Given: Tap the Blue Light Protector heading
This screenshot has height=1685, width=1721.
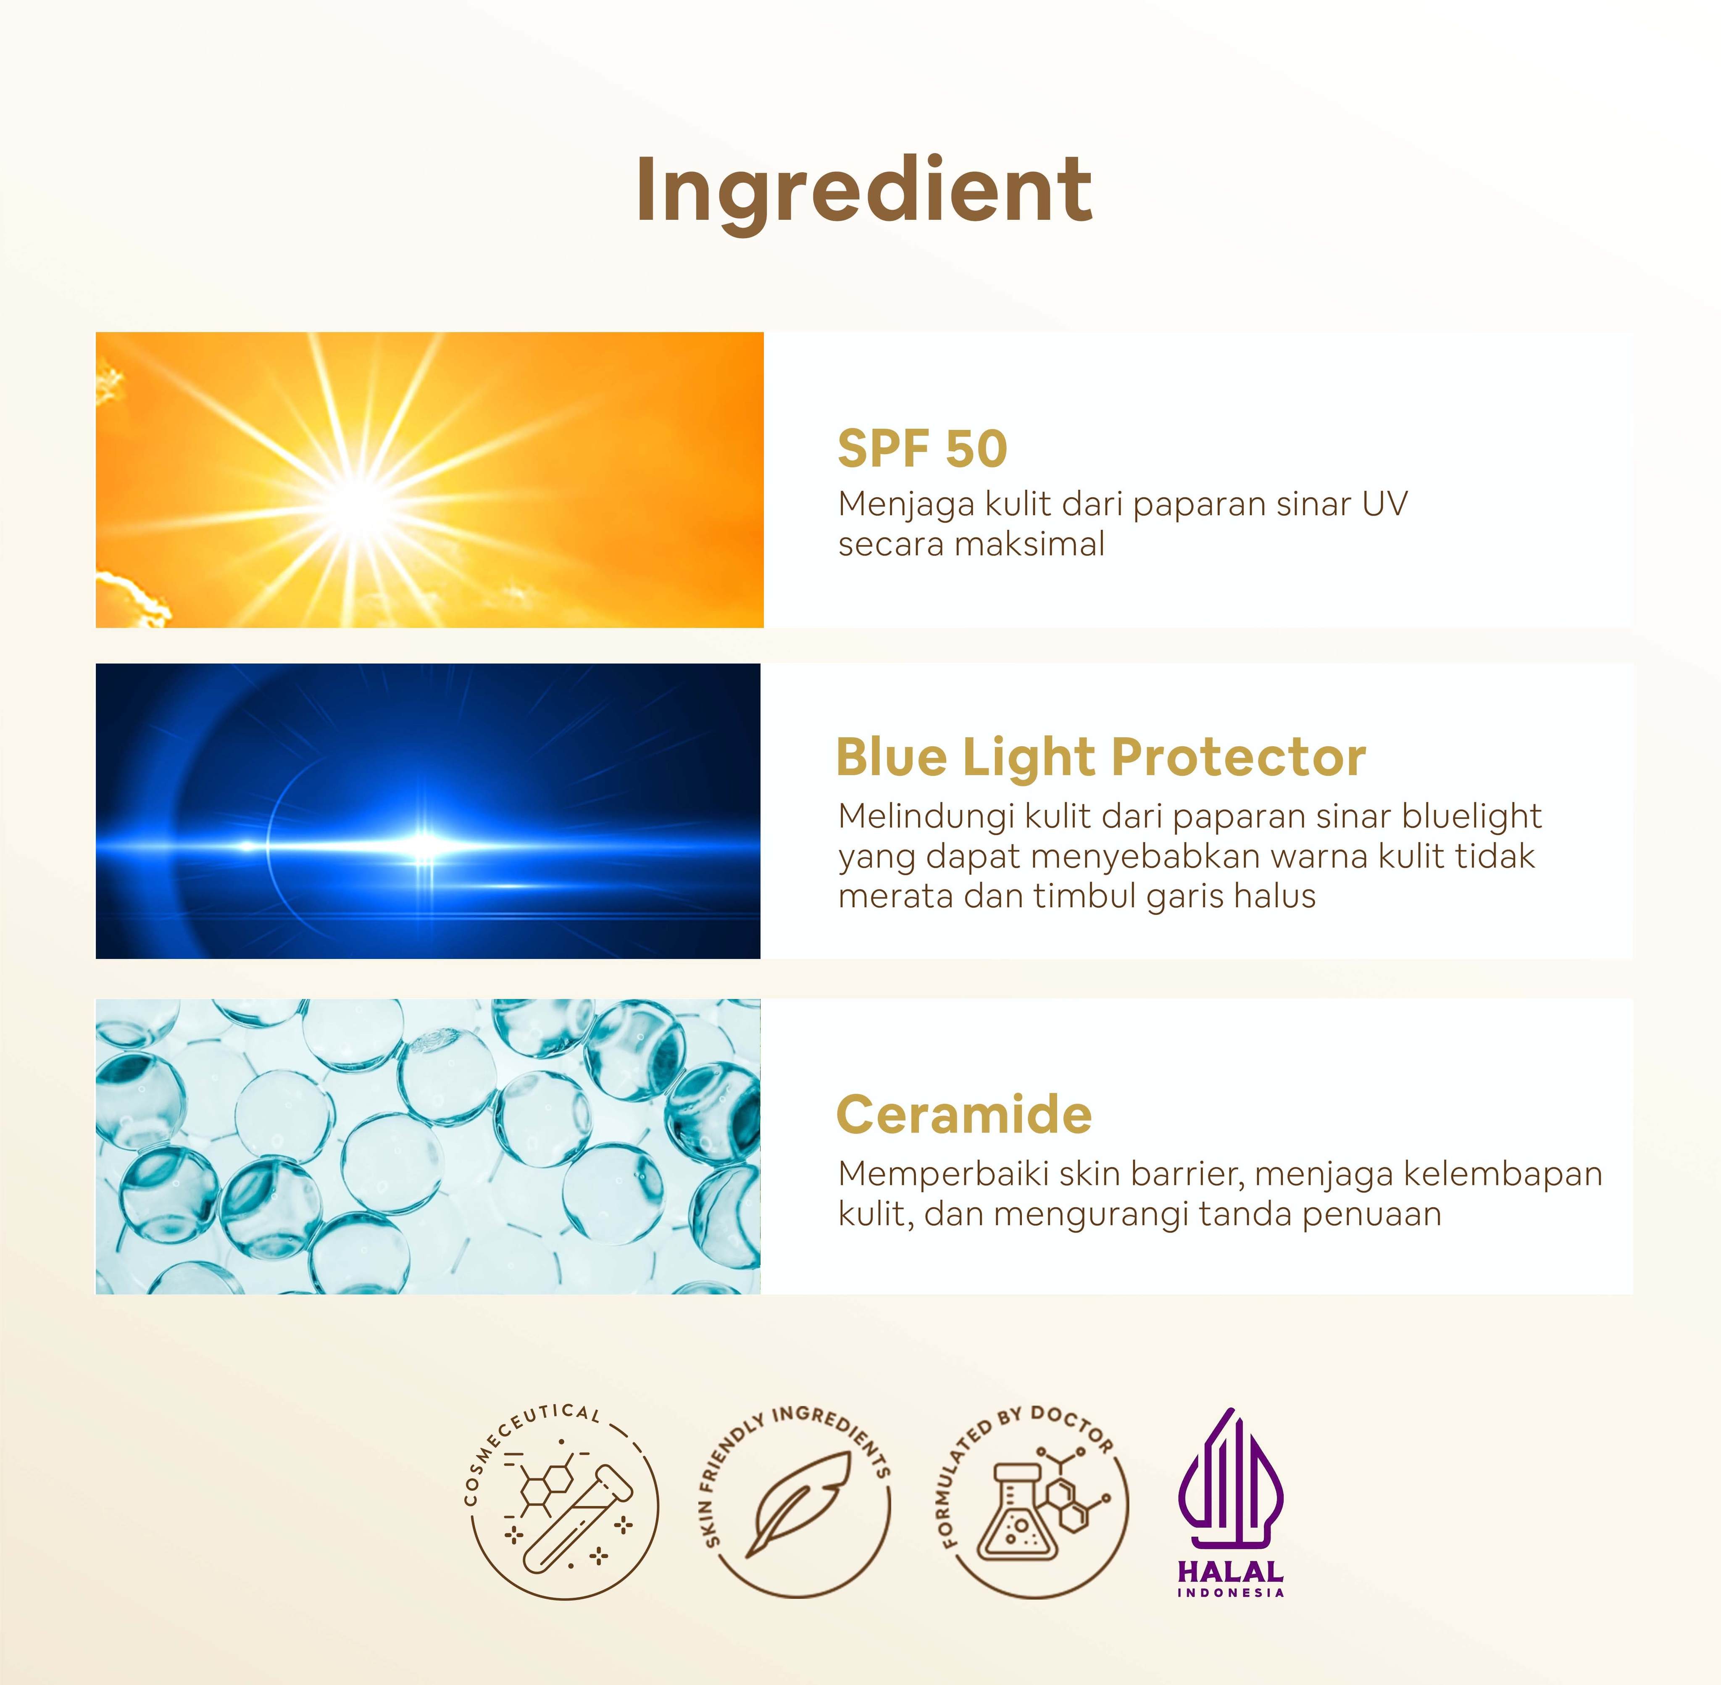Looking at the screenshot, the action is pos(1101,758).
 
